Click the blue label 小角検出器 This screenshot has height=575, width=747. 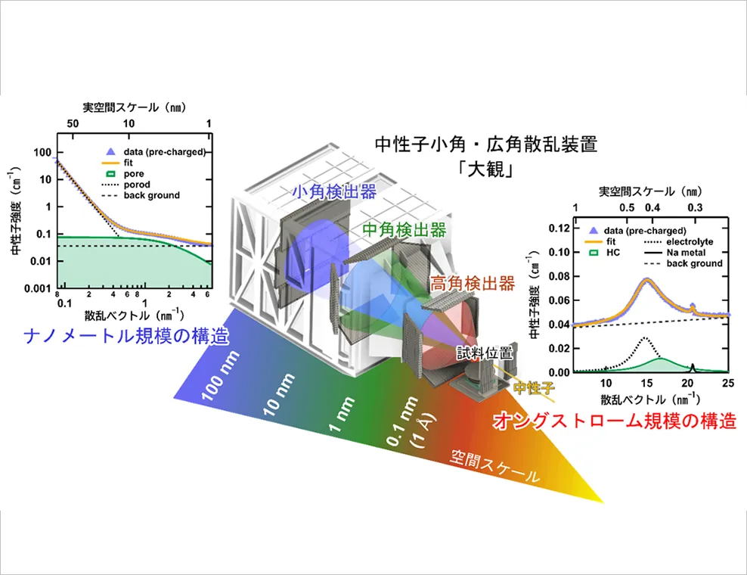(x=334, y=191)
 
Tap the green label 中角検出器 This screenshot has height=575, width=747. (x=404, y=230)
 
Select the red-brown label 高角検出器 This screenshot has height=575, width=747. (x=472, y=284)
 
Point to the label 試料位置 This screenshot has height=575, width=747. (x=485, y=353)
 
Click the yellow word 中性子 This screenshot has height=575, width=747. (x=534, y=387)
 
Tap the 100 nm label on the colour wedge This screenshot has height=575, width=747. (x=220, y=377)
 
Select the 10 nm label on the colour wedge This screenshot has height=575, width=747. (x=279, y=395)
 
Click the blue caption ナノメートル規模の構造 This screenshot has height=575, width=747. (x=126, y=337)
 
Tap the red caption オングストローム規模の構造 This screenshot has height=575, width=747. (x=615, y=421)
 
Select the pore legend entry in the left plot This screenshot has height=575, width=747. (x=124, y=173)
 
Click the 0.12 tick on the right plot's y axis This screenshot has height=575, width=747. (x=559, y=228)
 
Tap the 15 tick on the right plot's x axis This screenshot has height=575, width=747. (x=646, y=383)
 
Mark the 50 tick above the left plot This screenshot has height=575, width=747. (x=73, y=123)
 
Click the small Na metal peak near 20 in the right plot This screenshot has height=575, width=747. (x=693, y=367)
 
